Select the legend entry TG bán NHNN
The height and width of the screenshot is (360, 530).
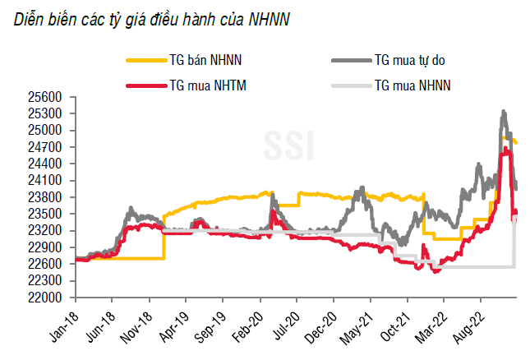click(206, 59)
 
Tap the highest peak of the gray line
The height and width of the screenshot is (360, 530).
click(503, 112)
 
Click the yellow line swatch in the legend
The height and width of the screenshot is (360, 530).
click(144, 60)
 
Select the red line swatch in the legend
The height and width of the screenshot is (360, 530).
click(144, 85)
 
